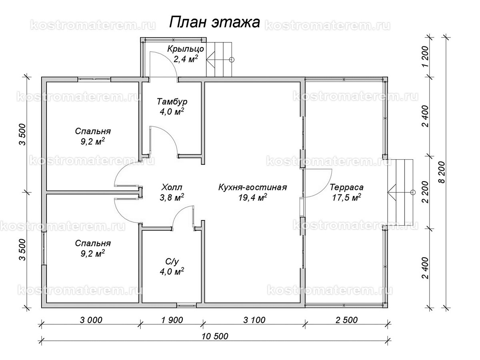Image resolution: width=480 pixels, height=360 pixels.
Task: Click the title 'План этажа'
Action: [x=215, y=22]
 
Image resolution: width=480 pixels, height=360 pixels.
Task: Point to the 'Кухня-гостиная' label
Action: [x=252, y=187]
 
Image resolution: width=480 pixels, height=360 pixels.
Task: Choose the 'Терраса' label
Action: [x=346, y=187]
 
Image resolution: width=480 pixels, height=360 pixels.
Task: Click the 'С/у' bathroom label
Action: [x=171, y=261]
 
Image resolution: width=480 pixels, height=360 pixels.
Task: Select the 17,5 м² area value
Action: [x=346, y=198]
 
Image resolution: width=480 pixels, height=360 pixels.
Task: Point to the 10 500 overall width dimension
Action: [x=215, y=336]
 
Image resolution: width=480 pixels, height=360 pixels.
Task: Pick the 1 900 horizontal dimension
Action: [x=172, y=320]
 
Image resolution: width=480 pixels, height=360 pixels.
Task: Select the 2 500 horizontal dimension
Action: [x=345, y=320]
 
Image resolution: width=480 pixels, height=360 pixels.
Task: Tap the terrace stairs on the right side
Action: [x=400, y=192]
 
